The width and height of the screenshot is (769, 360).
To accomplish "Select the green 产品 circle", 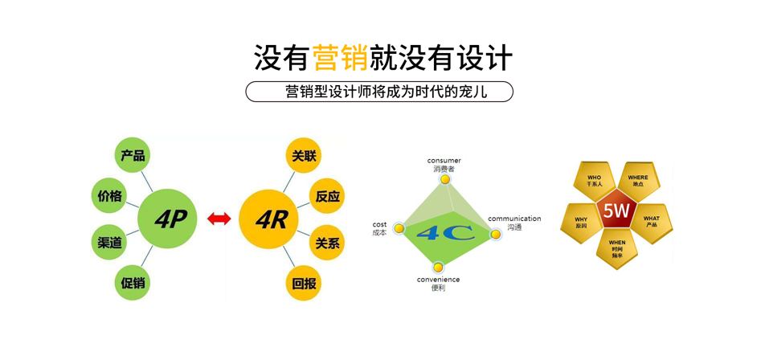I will pos(133,156).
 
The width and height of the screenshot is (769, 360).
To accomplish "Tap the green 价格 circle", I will pos(109,195).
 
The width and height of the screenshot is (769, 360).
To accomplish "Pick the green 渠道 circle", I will pos(109,242).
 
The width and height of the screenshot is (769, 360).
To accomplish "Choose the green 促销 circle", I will pos(133,282).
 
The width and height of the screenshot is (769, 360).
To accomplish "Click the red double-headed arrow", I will pos(219,219).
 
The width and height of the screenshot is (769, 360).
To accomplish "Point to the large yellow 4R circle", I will pos(271,219).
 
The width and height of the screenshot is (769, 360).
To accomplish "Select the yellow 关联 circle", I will pos(305,156).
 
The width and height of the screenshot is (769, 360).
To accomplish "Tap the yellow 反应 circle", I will pos(328,196).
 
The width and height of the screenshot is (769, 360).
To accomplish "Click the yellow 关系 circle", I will pos(328,243).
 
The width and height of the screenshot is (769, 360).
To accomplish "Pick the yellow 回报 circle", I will pos(305,283).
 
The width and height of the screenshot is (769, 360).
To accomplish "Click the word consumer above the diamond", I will pos(444,161).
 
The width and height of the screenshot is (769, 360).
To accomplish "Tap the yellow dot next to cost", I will pos(399,229).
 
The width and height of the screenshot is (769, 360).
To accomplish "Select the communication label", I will pos(514,219).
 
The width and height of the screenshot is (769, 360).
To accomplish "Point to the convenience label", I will pos(438,280).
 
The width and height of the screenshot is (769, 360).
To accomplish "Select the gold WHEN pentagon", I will pos(616,247).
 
